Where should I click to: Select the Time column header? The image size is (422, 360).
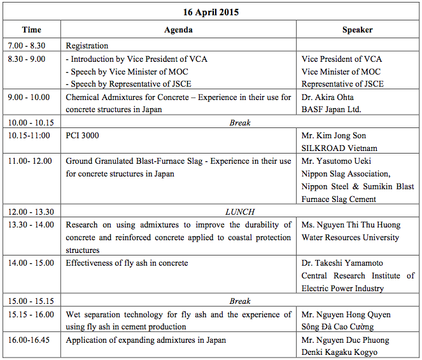tap(31, 30)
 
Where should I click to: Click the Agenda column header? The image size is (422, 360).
tap(178, 30)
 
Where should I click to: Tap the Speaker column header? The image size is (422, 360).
tap(357, 30)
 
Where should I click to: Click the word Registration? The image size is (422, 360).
tap(87, 46)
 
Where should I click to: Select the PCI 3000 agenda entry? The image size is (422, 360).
tap(83, 136)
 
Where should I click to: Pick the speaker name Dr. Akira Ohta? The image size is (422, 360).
tap(328, 97)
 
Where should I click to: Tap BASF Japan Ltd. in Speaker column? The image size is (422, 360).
tap(332, 110)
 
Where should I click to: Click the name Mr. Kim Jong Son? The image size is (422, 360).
tap(334, 136)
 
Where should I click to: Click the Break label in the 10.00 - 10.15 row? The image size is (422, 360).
tap(240, 123)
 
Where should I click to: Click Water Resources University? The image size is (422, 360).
tap(350, 238)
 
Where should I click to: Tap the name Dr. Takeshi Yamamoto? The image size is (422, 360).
tap(342, 263)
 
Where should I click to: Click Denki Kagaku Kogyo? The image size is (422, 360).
tap(339, 352)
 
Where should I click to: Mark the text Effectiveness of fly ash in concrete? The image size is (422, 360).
tap(127, 263)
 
